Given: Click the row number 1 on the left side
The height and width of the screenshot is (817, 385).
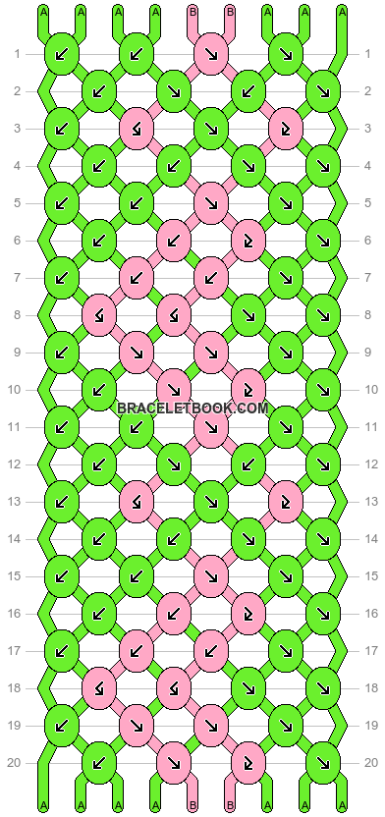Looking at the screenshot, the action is [17, 53].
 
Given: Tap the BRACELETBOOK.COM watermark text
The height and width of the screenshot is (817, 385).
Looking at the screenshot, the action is [192, 408].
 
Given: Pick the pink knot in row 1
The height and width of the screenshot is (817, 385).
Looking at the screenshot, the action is [210, 53].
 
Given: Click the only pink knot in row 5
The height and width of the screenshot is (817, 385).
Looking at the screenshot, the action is [210, 202].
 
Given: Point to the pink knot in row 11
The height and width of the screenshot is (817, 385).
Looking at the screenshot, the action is [210, 426].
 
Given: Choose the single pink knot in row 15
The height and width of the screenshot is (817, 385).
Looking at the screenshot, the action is [210, 575].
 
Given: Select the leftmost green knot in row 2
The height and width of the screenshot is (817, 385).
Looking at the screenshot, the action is [98, 90].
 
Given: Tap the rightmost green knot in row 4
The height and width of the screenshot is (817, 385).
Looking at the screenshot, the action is [322, 165].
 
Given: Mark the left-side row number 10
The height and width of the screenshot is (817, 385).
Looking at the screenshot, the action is [17, 389].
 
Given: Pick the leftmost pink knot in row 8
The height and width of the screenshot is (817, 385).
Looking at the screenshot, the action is [98, 314].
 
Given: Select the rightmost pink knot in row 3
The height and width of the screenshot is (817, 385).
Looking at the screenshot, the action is [285, 128].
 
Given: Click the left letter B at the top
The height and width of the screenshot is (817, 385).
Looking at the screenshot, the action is [192, 12].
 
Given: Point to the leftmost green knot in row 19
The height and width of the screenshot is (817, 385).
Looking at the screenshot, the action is [61, 725].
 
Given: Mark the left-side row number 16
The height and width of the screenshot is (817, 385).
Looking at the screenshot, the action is [17, 613].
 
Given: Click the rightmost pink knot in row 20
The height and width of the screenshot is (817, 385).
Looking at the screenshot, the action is [247, 762].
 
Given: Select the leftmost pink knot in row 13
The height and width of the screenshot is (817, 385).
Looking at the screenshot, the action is [136, 501].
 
